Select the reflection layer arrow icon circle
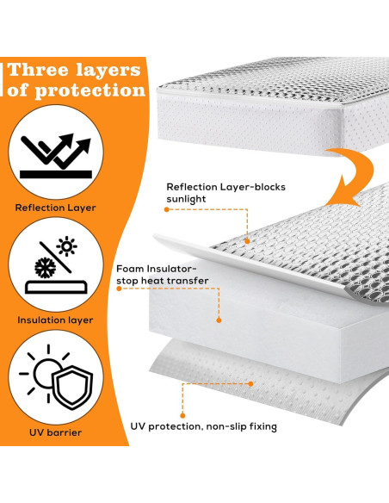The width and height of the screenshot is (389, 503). (55, 152)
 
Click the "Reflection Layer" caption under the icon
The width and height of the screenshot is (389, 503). (55, 208)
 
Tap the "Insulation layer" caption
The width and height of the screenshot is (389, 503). (55, 320)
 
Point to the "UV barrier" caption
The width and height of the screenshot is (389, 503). (55, 432)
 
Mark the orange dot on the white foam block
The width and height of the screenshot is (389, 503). (219, 320)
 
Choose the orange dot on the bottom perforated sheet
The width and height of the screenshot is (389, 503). (250, 383)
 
